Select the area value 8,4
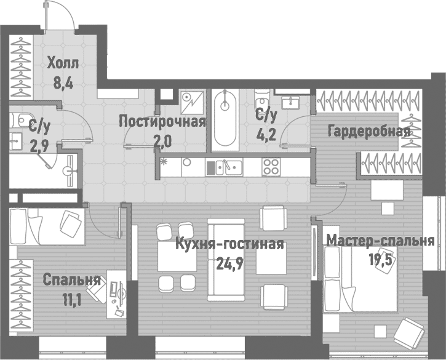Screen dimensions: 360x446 click(63, 83)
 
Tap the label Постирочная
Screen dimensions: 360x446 click(162, 121)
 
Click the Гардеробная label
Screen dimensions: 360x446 click(368, 132)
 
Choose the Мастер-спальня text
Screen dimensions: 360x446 click(380, 240)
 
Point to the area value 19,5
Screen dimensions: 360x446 click(380, 260)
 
